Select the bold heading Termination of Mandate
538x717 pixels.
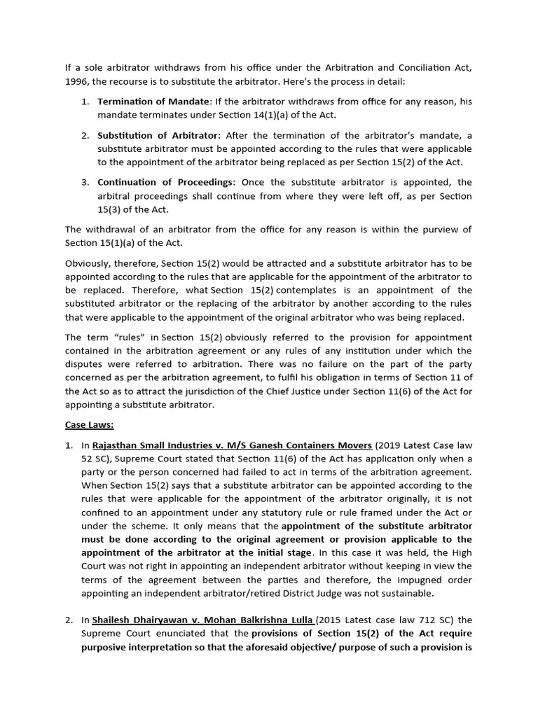tap(153, 102)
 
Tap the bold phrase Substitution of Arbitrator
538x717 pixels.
tap(158, 135)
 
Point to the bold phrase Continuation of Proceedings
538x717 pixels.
tap(165, 182)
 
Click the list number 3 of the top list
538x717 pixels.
tap(84, 182)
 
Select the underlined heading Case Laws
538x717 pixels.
tap(89, 424)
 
